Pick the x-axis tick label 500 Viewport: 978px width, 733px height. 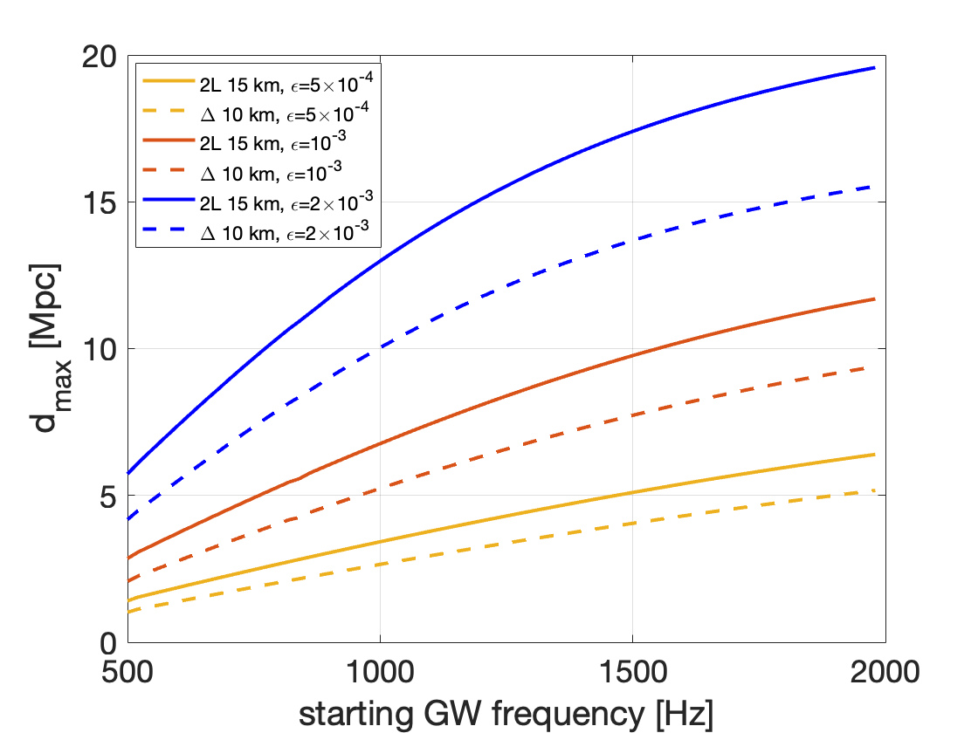tap(127, 672)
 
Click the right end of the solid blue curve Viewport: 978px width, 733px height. tap(874, 67)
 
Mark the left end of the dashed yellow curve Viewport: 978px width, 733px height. tap(128, 613)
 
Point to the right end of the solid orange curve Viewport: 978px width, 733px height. tap(874, 299)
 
